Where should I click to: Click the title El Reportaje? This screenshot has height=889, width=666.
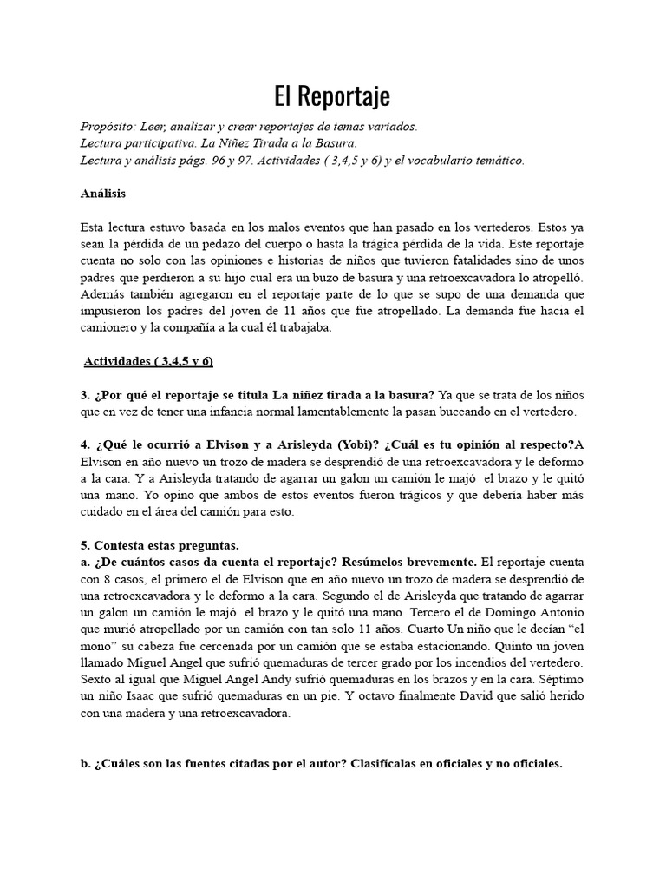pyautogui.click(x=332, y=95)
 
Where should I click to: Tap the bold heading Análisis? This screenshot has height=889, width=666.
pyautogui.click(x=102, y=194)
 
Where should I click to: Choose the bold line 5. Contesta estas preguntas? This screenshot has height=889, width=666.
pyautogui.click(x=159, y=545)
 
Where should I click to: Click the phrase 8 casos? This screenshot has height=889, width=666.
pyautogui.click(x=127, y=579)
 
